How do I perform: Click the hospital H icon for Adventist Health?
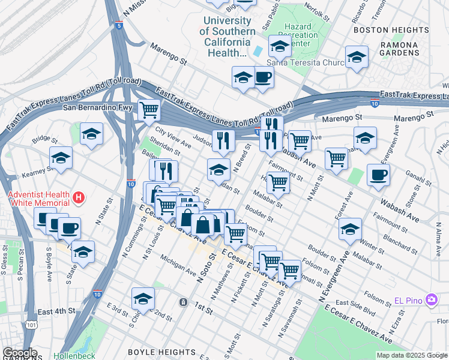77,197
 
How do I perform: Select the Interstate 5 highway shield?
119,26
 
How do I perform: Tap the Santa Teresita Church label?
298,62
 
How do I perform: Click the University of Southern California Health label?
227,37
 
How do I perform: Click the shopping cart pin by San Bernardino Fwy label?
148,110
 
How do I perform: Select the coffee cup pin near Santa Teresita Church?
263,77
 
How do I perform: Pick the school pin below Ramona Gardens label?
357,58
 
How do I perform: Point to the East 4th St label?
56,311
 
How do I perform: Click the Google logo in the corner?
19,353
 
